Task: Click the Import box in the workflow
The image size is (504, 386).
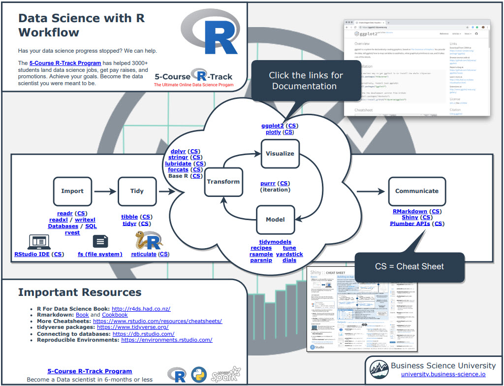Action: [72, 191]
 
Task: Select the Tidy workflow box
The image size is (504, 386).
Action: [137, 191]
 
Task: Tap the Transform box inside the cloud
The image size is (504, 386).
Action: [223, 182]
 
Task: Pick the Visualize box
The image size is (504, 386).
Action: [280, 154]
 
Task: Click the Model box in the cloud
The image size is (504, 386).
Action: [275, 220]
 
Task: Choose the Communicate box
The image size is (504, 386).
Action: [416, 191]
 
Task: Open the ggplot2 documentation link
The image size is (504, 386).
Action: [272, 126]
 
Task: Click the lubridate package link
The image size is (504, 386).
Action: [178, 163]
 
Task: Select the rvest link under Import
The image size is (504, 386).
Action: [72, 232]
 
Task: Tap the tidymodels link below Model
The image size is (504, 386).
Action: [275, 242]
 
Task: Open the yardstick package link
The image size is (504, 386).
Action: [289, 254]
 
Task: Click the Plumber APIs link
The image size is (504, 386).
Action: [409, 224]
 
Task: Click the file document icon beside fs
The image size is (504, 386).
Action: [100, 241]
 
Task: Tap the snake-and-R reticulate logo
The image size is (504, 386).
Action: [147, 241]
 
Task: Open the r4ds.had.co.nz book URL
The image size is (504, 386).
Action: [140, 309]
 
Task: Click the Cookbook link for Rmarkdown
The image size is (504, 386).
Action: [114, 315]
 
